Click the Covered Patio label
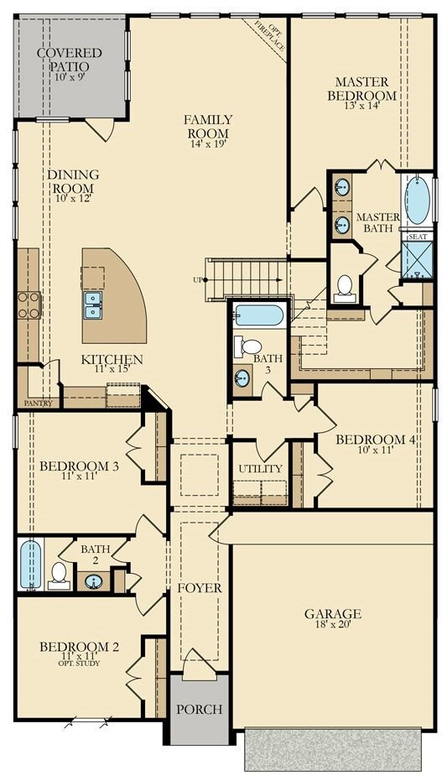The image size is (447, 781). (x=70, y=60)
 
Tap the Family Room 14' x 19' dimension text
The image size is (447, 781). (x=208, y=144)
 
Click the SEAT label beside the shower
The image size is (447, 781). (x=417, y=237)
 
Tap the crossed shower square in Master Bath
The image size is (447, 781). (x=417, y=262)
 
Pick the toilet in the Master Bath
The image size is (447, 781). (x=345, y=288)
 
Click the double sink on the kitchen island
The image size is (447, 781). (x=93, y=305)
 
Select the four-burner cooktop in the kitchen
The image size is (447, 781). (x=29, y=305)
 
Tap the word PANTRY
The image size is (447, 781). (x=38, y=404)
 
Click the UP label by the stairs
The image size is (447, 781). (x=197, y=280)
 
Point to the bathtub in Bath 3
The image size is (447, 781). (x=259, y=315)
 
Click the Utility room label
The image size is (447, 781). (x=260, y=469)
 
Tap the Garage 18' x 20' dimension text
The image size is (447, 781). (x=332, y=624)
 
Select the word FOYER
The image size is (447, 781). (x=200, y=588)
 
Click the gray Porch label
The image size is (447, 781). (x=199, y=710)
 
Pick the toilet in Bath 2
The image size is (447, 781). (x=59, y=575)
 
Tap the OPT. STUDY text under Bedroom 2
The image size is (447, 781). (x=79, y=664)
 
